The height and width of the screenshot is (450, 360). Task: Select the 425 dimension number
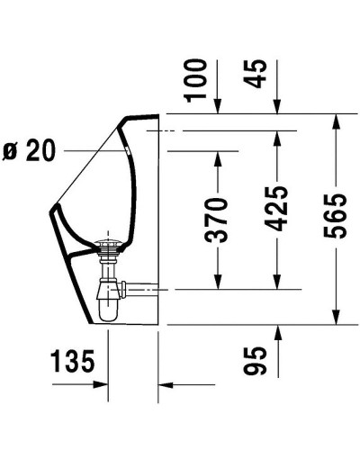tap(277, 210)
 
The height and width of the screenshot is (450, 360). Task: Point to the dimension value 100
tap(199, 78)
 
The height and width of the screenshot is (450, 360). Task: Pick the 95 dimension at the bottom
tap(261, 361)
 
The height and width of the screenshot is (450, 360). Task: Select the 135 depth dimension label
tap(71, 363)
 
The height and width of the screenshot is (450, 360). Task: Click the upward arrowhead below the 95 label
tap(276, 330)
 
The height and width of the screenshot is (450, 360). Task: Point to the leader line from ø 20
tap(90, 151)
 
